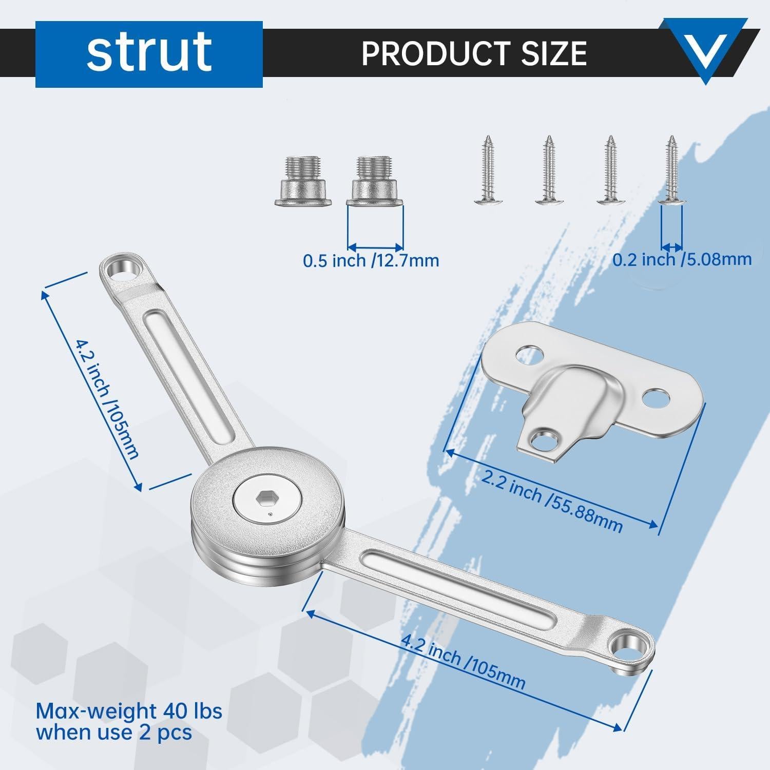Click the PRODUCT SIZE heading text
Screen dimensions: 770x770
(x=474, y=52)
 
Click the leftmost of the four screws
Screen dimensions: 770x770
(x=488, y=170)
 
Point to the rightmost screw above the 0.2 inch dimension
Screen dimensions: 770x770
(x=671, y=170)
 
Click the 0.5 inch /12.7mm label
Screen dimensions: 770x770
(x=371, y=260)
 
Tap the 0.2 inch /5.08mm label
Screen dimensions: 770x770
(x=682, y=259)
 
